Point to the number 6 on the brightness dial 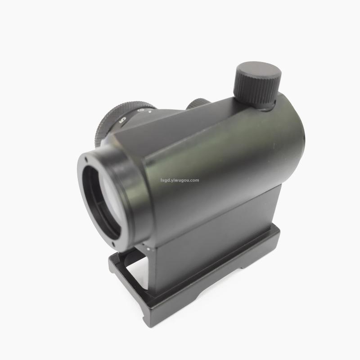pos(140,110)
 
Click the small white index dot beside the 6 pos(150,112)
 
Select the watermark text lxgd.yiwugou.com pos(180,180)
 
